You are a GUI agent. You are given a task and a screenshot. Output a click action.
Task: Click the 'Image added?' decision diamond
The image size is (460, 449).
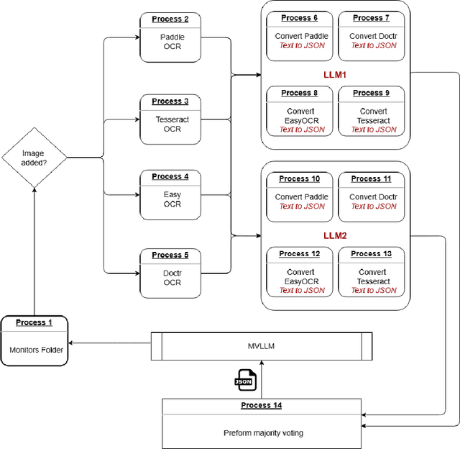pos(33,157)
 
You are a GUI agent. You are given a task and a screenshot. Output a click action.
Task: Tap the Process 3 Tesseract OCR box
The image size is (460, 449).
pos(171,115)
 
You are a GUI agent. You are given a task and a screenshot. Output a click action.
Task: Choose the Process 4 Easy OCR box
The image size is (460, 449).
pos(171,194)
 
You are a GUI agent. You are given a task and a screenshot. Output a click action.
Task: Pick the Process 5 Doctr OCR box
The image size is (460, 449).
pos(171,273)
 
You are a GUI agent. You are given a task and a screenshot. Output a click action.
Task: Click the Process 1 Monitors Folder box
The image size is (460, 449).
pos(35,340)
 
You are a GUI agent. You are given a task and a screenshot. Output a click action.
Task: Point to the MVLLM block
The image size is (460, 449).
pos(261,346)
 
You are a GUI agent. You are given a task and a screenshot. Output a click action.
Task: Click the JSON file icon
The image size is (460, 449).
pos(245,380)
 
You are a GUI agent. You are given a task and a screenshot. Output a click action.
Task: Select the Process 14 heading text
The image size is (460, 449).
pos(261,406)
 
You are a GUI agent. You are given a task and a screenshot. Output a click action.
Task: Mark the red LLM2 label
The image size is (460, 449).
pos(335,235)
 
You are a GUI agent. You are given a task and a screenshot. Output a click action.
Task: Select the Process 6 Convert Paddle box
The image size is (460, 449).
pos(302,35)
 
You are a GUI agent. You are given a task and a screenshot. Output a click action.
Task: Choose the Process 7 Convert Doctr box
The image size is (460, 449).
pos(374,35)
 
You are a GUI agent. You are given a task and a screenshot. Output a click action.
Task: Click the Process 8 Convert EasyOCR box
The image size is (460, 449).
pos(302,111)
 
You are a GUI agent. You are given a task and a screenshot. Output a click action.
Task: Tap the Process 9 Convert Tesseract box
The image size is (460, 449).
pos(374,111)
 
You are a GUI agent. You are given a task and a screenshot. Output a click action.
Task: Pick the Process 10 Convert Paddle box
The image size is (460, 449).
pos(302,196)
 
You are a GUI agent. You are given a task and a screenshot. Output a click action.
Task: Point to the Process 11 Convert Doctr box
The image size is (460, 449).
pos(374,196)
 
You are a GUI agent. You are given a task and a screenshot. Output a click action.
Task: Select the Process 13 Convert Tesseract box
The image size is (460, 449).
pos(374,271)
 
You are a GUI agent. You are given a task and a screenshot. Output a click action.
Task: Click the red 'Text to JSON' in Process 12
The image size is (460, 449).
pos(302,291)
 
